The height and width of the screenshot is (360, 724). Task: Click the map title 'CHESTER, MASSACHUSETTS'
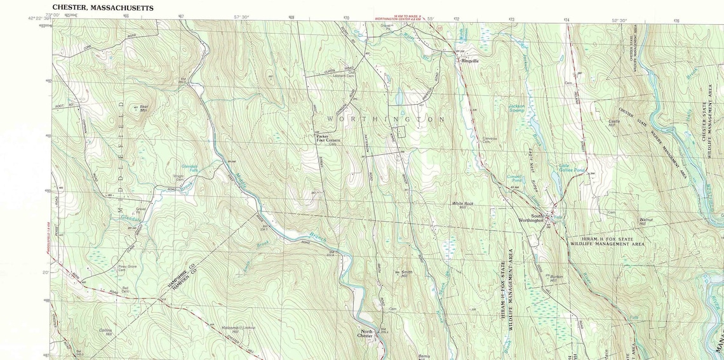(102, 7)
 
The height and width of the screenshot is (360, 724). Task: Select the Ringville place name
(470, 60)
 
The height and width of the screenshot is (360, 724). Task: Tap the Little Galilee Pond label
(572, 169)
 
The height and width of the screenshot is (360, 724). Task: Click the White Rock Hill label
(463, 205)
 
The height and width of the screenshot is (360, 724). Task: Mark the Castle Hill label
(614, 122)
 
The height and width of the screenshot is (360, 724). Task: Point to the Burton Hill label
(556, 278)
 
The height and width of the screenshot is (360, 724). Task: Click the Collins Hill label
(105, 332)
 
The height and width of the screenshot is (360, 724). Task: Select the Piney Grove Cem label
(126, 269)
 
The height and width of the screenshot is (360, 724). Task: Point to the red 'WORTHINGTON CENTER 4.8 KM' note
(399, 20)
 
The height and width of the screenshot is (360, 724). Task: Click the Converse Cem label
(490, 140)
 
